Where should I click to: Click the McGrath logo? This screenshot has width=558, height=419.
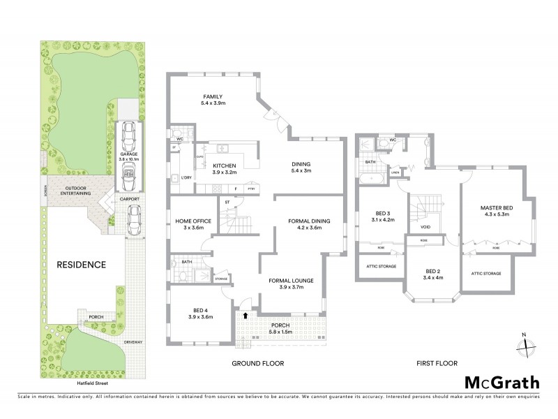click(x=502, y=382)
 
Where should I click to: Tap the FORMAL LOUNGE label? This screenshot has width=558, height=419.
click(x=292, y=284)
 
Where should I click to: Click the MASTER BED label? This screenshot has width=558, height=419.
click(x=496, y=210)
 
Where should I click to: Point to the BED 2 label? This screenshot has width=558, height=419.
click(x=433, y=273)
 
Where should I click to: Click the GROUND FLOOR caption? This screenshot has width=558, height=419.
click(x=259, y=364)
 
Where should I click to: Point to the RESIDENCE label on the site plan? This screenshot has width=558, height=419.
click(x=82, y=265)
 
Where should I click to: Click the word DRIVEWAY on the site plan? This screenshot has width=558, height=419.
click(x=133, y=342)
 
